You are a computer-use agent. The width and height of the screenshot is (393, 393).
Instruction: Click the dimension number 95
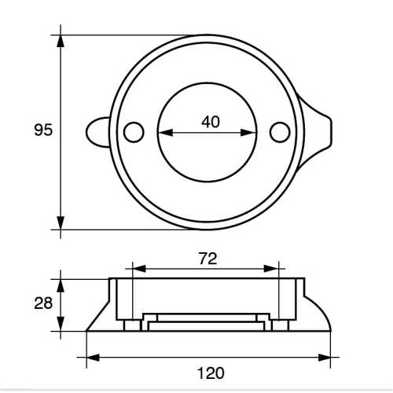(44, 130)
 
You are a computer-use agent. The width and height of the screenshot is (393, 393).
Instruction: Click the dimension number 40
(209, 121)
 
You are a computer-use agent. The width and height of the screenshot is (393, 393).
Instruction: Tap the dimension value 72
(208, 257)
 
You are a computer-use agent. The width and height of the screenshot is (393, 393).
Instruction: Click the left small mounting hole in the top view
(134, 131)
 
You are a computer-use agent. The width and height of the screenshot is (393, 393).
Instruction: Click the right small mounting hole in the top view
(279, 132)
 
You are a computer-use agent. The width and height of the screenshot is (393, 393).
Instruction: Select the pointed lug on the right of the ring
(322, 131)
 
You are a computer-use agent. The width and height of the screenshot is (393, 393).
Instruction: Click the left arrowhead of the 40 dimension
(163, 131)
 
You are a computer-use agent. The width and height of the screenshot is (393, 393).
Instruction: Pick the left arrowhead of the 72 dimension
(138, 268)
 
